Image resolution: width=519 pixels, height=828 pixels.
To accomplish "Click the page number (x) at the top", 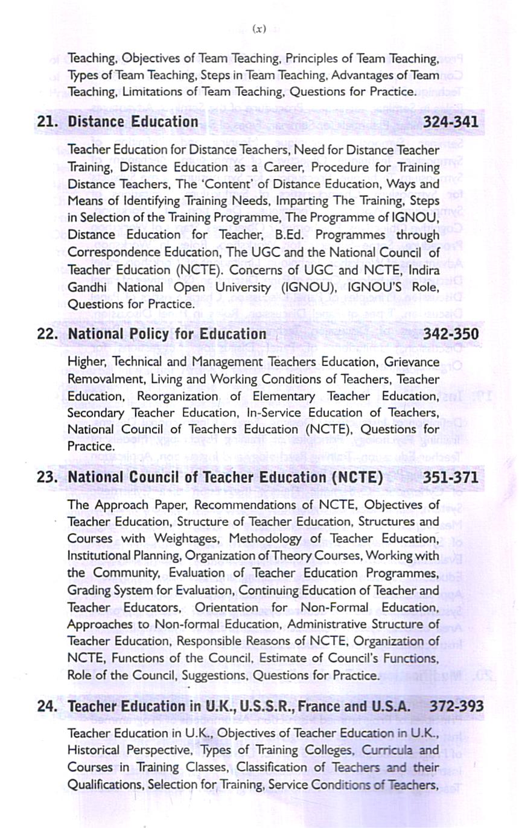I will click(259, 28).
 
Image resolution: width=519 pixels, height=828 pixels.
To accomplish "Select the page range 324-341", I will click(451, 122).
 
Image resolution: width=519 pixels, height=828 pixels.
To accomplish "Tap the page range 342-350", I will click(451, 333).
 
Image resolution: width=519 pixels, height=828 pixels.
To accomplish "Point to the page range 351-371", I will click(451, 478).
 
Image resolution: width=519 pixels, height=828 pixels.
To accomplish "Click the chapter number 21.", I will click(47, 122).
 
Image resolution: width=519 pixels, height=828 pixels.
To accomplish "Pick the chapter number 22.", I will click(47, 333).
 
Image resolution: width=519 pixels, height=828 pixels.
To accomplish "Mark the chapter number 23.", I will click(47, 478).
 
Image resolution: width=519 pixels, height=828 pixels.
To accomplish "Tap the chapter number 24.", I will click(47, 706).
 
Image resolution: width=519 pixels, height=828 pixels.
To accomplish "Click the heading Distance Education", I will click(133, 122).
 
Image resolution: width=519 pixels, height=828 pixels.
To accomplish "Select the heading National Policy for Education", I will click(167, 333).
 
